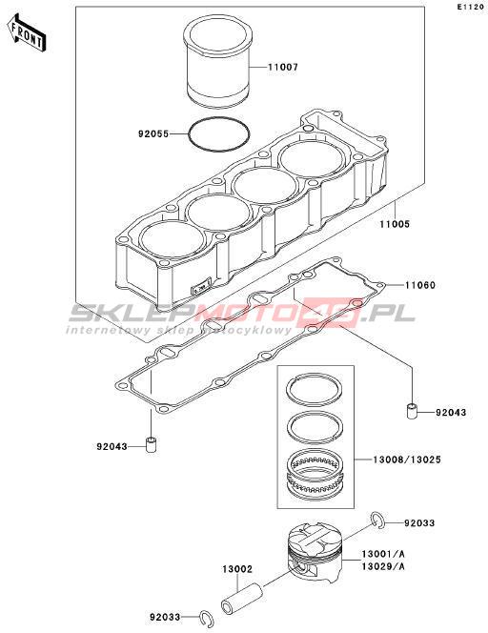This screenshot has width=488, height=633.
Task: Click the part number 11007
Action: (283, 67)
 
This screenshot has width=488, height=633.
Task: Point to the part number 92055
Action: (153, 133)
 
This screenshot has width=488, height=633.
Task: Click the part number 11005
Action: (395, 224)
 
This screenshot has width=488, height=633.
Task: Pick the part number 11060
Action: (420, 285)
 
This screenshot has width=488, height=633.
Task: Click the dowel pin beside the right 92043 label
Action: (412, 411)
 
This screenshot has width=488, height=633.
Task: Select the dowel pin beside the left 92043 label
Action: (151, 445)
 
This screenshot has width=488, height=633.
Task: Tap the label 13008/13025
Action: (406, 459)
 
